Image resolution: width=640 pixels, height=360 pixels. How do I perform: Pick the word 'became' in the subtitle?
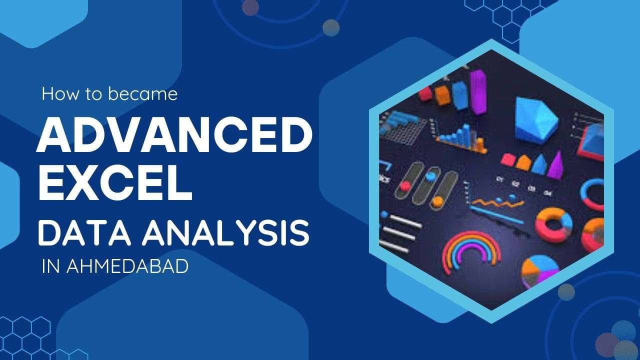(148, 94)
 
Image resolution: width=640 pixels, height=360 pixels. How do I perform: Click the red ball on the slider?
(406, 185)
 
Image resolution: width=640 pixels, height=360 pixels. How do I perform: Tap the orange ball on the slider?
(438, 201)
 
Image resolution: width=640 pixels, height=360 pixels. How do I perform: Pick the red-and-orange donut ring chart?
(553, 224)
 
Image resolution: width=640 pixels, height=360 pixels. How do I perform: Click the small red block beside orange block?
(425, 93)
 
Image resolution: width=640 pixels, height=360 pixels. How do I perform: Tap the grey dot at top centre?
(331, 27)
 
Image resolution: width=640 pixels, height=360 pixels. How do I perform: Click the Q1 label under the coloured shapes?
(498, 178)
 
